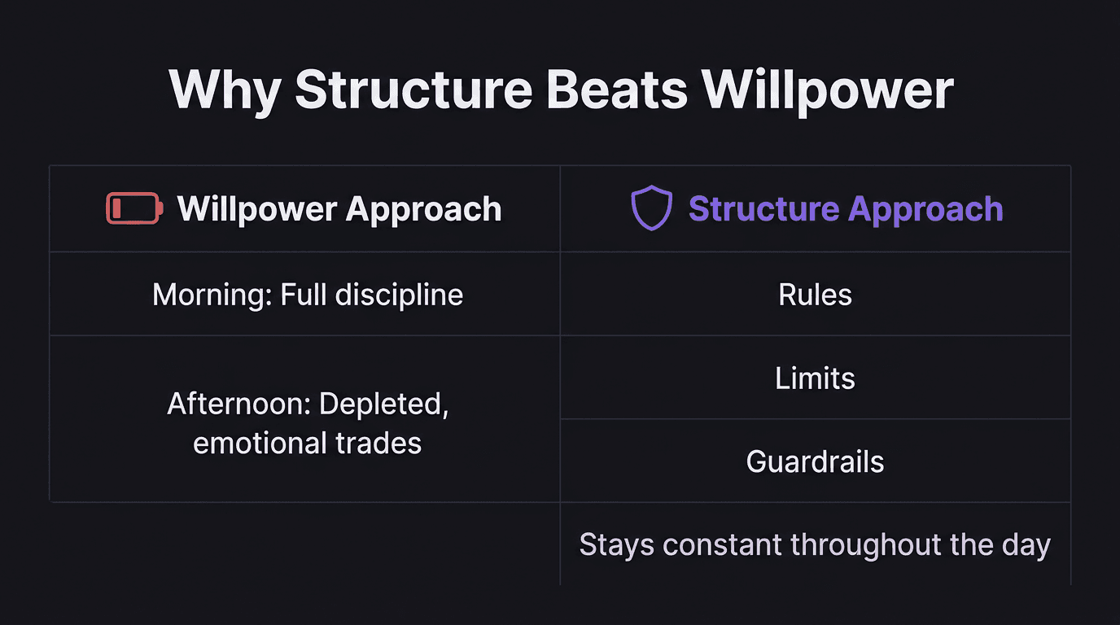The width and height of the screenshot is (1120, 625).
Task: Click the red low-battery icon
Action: [134, 208]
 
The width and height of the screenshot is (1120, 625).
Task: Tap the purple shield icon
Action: [652, 208]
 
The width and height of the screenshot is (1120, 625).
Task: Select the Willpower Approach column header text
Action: [339, 208]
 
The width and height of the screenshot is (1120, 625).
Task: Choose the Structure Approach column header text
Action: [846, 208]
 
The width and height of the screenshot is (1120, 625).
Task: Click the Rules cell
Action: [815, 295]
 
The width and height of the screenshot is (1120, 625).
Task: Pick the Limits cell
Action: [815, 378]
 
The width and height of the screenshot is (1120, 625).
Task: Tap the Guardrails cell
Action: [815, 461]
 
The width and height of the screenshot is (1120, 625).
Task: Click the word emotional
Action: [260, 443]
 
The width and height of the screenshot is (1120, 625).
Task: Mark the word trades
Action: [382, 443]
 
